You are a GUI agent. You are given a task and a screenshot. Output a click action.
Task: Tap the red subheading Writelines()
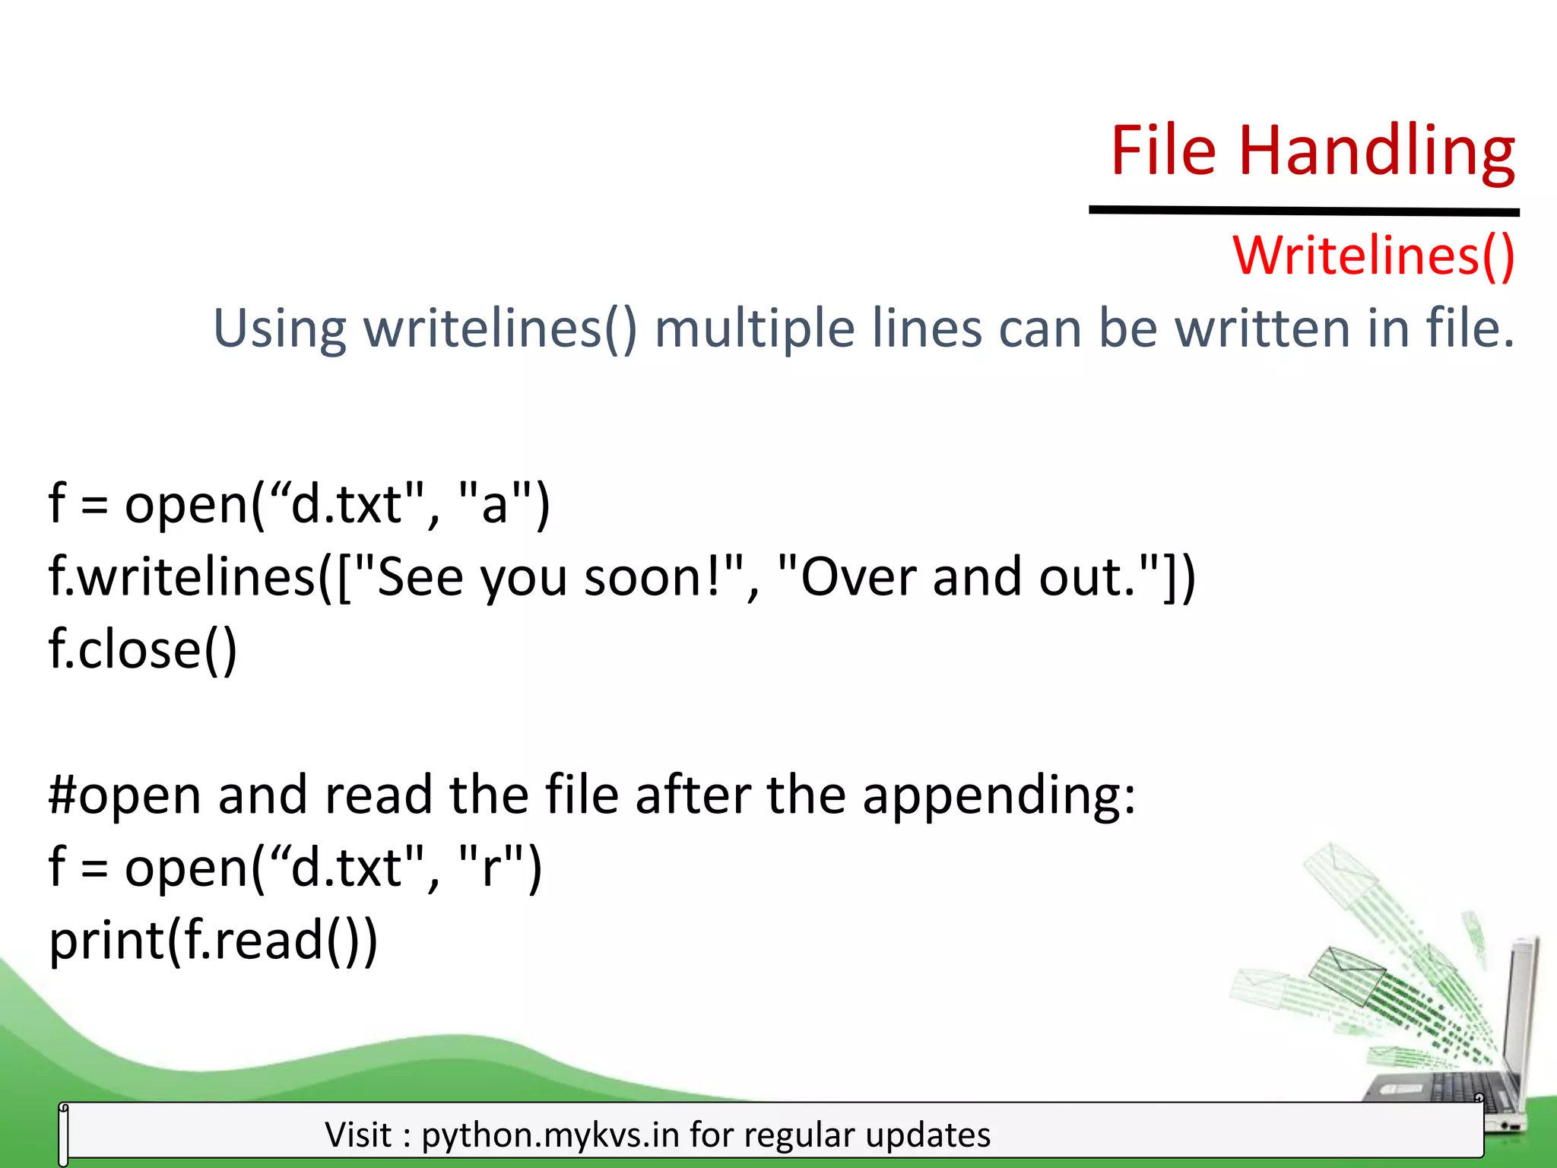tap(1374, 255)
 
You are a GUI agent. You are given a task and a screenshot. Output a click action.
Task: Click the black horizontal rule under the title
tap(1304, 211)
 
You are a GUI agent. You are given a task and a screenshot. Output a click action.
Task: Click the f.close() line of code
tap(143, 649)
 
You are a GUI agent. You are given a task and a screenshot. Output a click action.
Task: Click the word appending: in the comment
tap(999, 795)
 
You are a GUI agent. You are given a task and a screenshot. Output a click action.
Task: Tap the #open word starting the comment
tap(125, 795)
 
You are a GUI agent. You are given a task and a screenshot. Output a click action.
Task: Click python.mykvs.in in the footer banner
tap(550, 1135)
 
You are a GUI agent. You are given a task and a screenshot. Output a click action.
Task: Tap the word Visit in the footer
tap(358, 1135)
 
